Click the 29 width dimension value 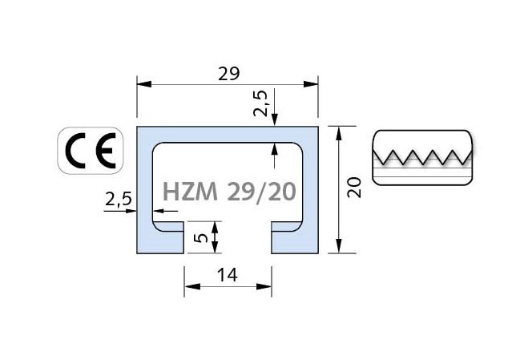tap(228, 74)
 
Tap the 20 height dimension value tap(354, 188)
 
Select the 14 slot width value tap(228, 275)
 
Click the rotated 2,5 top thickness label tap(260, 103)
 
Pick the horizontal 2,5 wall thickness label tap(119, 199)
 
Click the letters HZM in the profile tap(191, 192)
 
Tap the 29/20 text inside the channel tap(261, 192)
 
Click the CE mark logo tap(91, 151)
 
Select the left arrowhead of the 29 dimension tap(144, 84)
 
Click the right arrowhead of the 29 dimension tap(311, 84)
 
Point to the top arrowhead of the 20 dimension tap(339, 133)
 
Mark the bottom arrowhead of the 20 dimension tap(339, 246)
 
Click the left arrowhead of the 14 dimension tap(192, 286)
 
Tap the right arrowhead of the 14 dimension tap(264, 286)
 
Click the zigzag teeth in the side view tap(422, 157)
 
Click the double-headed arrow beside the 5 tap(215, 237)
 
